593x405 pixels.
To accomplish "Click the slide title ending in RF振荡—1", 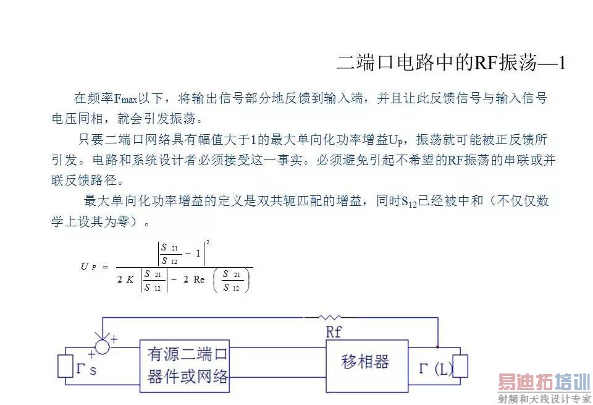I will (451, 62).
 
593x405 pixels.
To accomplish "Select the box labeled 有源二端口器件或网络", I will (185, 365).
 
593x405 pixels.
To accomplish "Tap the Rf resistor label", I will (333, 332).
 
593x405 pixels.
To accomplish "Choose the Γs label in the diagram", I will (86, 370).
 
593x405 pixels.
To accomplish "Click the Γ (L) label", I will (435, 370).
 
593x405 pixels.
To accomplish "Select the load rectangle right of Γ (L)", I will (460, 366).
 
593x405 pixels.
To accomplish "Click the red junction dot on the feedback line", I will (438, 346).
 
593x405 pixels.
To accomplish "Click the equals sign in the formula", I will (105, 266).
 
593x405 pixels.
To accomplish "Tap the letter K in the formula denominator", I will (130, 279).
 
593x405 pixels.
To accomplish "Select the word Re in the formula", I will (198, 279).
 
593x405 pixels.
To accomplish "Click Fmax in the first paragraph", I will (126, 99).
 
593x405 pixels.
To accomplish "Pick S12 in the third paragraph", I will (409, 202).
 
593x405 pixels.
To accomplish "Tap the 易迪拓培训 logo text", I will (544, 383).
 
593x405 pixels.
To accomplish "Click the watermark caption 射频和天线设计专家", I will (544, 399).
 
